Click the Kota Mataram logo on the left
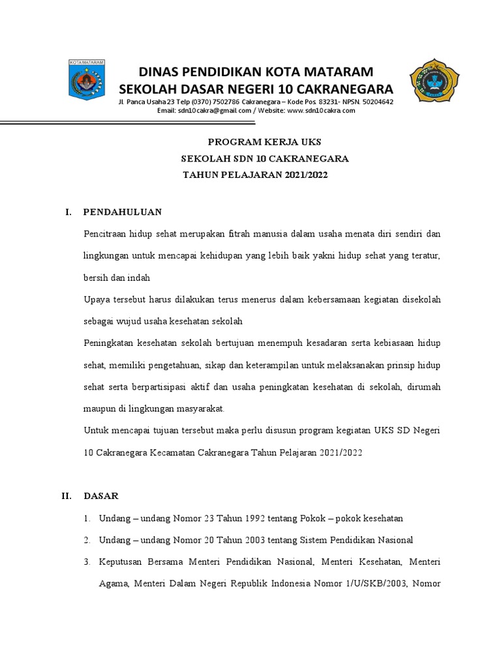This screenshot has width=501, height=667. tap(86, 84)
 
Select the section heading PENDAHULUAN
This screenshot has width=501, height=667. tap(123, 212)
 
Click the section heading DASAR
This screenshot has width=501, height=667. tap(101, 496)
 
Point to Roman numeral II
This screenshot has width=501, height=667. tap(67, 496)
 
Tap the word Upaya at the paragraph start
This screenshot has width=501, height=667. tap(97, 300)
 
